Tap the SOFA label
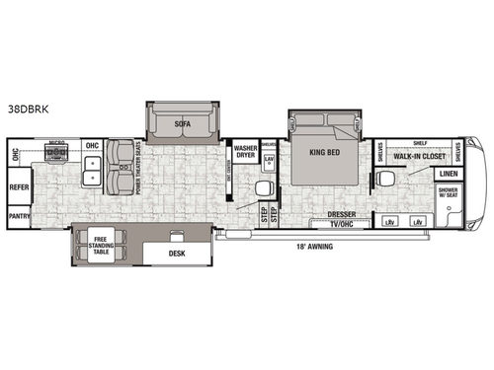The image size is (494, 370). tap(182, 124)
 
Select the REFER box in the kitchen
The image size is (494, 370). tap(19, 185)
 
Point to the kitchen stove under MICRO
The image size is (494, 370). tap(56, 157)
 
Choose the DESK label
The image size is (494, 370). tap(177, 253)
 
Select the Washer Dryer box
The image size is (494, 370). tap(246, 152)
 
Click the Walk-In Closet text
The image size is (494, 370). tap(422, 157)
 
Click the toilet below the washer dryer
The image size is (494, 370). tap(264, 188)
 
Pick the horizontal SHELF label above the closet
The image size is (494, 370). tap(420, 142)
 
